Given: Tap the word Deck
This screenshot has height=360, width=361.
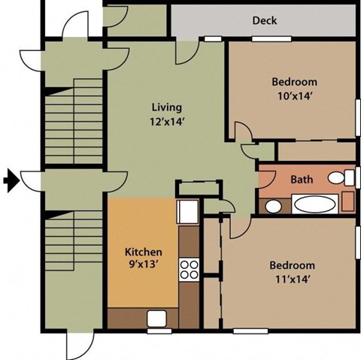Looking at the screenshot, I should (264, 20).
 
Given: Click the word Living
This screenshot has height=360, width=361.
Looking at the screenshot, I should (166, 107).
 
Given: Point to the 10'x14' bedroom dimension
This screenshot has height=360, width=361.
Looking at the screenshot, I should (294, 95).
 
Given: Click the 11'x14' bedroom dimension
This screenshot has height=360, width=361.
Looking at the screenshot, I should (293, 279).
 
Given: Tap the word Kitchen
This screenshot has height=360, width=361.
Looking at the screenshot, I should (143, 251).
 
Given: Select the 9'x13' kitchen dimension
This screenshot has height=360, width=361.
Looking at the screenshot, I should (143, 264).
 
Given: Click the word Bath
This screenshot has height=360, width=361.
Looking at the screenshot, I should (302, 180).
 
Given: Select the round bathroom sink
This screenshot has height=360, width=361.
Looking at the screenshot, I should (274, 205).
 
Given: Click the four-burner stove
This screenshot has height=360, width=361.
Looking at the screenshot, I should (188, 268).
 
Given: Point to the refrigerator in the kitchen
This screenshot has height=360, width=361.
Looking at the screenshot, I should (187, 211).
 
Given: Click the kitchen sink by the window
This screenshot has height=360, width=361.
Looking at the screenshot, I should (158, 318).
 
